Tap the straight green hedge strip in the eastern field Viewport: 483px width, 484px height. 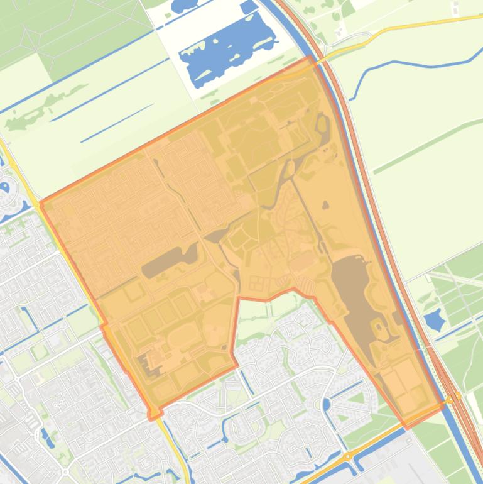coord(427,145)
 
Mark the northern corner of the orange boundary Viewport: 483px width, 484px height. coord(309,57)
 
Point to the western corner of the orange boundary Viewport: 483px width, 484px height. coord(41,203)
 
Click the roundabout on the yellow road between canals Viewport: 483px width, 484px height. coord(347,457)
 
